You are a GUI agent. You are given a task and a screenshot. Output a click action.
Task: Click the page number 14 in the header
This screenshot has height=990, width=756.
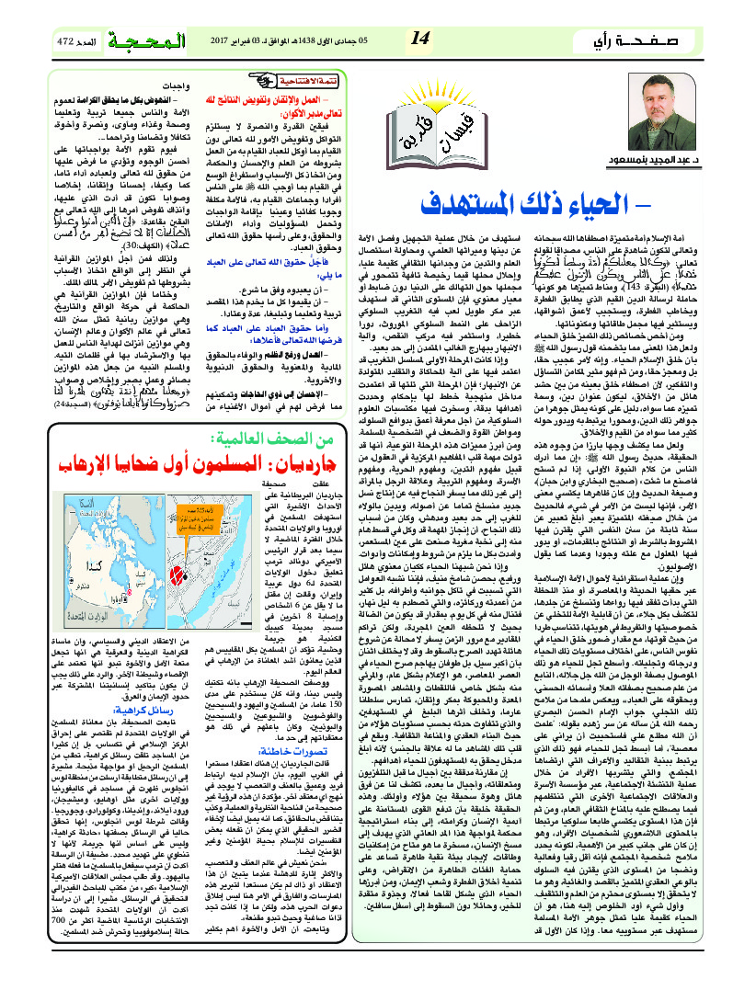(422, 38)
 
